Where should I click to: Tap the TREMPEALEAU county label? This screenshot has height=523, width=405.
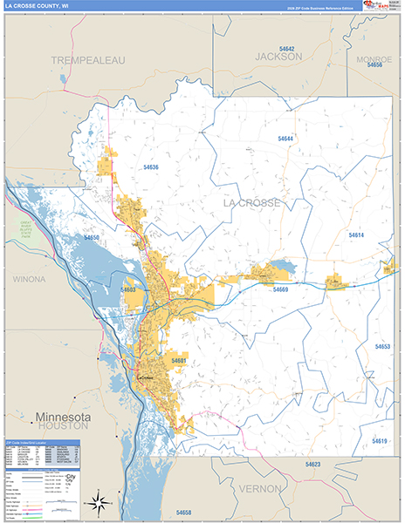(x=88, y=59)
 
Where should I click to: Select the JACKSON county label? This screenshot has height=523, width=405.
(x=278, y=56)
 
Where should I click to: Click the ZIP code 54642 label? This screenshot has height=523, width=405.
(x=287, y=48)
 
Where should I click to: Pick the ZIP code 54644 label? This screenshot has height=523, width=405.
(x=285, y=139)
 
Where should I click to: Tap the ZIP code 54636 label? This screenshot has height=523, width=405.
(x=150, y=166)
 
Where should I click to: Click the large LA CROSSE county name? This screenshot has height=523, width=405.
(x=252, y=203)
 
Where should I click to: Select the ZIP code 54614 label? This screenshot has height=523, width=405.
(x=355, y=235)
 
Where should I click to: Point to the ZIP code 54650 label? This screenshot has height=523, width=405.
(x=93, y=237)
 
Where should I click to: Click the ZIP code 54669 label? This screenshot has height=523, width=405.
(x=280, y=289)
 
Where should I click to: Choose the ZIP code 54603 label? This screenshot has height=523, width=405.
(x=128, y=289)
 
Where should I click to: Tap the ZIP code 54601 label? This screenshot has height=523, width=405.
(x=178, y=360)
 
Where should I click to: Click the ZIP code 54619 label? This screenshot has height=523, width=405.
(x=379, y=441)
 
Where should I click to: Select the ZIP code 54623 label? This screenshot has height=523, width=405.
(x=313, y=465)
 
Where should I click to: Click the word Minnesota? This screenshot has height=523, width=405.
(x=62, y=416)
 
